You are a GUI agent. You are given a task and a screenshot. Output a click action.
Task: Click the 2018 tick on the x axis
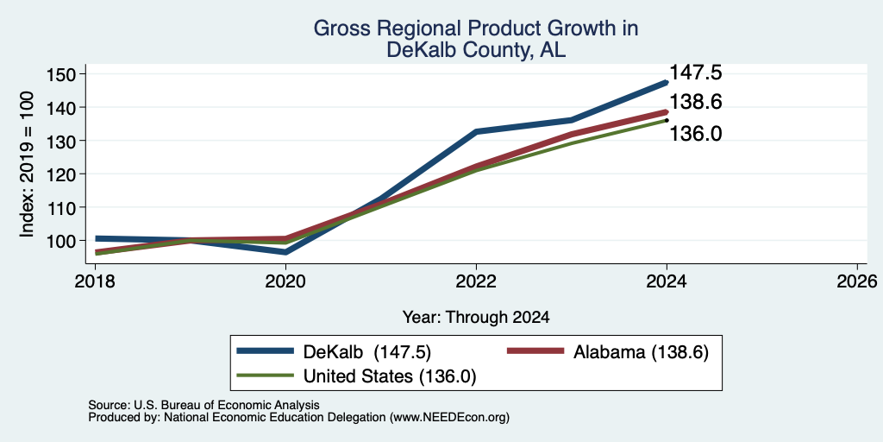tap(95, 281)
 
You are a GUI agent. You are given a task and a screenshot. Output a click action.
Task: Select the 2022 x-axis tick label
tap(476, 281)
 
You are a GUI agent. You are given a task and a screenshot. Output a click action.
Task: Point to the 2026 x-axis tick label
tap(858, 281)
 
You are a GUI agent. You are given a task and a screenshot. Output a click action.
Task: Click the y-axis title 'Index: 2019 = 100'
tap(27, 164)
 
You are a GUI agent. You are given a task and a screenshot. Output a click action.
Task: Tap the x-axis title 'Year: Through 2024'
tap(476, 318)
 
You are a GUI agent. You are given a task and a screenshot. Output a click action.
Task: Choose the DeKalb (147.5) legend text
tap(367, 352)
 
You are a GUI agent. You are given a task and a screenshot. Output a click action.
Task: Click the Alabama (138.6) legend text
tap(641, 352)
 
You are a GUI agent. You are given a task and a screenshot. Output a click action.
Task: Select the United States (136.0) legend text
tap(390, 376)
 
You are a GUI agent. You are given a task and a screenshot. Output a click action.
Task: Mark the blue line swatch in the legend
tap(266, 350)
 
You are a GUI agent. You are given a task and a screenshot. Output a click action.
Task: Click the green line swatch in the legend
tap(266, 375)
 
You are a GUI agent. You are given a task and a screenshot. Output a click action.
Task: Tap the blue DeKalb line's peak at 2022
tap(476, 131)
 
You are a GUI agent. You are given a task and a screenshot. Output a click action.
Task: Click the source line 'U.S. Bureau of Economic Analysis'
tap(227, 405)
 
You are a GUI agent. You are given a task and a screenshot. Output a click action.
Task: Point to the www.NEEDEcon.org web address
tap(448, 417)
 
